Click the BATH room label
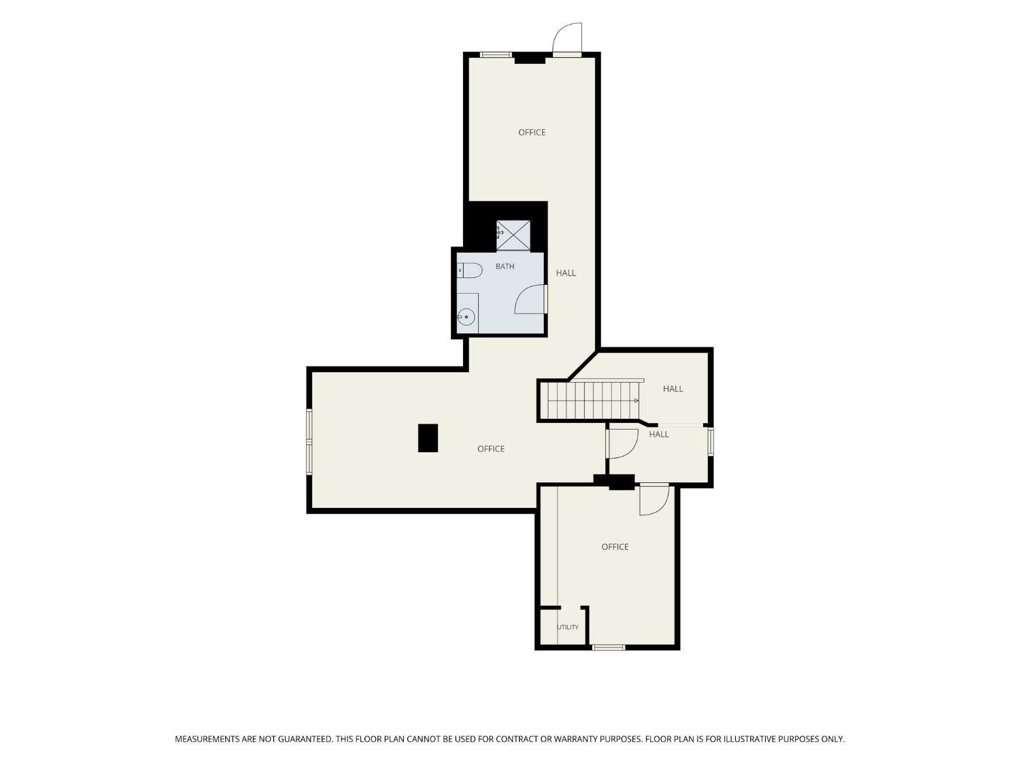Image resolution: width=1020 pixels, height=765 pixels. click(x=505, y=267)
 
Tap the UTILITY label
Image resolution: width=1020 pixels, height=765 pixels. click(x=567, y=627)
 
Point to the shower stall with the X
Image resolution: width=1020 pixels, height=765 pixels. click(x=513, y=235)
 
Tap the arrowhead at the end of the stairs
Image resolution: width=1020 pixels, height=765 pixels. click(x=636, y=401)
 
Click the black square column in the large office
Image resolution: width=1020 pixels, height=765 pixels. click(x=428, y=437)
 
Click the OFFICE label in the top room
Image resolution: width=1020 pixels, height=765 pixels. click(x=532, y=133)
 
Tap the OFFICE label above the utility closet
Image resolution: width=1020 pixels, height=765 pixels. click(x=615, y=547)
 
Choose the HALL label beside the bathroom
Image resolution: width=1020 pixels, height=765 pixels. click(x=566, y=273)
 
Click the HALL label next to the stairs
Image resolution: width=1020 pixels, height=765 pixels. click(x=673, y=389)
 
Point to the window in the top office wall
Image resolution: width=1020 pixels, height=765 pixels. click(x=496, y=55)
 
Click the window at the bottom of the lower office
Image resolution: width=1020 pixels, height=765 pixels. click(x=609, y=647)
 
